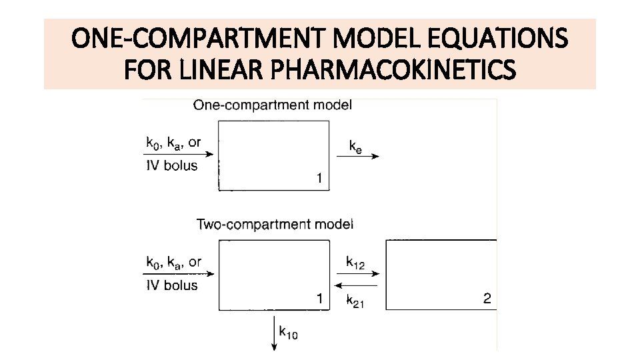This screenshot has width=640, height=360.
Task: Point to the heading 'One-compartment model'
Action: click(x=273, y=105)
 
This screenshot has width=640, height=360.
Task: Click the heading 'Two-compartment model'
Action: click(x=275, y=224)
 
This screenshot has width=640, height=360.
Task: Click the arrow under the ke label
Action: click(x=357, y=156)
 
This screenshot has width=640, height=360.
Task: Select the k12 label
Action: click(x=355, y=262)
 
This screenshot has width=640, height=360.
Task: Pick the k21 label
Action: click(x=355, y=301)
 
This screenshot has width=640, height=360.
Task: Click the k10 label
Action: click(x=288, y=331)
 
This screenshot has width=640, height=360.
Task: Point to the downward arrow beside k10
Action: click(x=274, y=333)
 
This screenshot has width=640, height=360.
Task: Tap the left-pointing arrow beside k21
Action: click(x=356, y=285)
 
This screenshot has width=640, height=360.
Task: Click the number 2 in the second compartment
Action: click(x=487, y=299)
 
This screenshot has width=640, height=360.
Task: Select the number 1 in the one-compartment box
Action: click(x=319, y=178)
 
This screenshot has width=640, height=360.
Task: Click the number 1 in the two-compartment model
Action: click(x=321, y=299)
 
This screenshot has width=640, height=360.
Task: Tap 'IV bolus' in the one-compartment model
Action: click(x=171, y=165)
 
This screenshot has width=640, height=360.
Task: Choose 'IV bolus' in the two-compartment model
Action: click(x=171, y=285)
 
